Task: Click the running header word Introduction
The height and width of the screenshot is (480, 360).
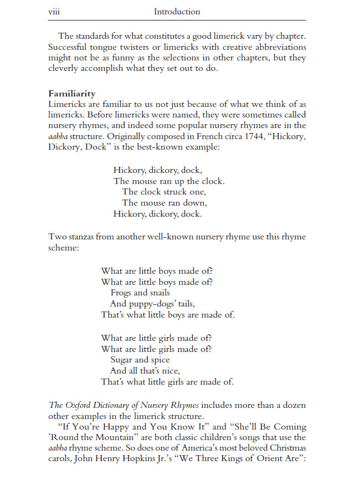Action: (x=177, y=12)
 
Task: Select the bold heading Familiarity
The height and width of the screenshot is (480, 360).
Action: (x=71, y=94)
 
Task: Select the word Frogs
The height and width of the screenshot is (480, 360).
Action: (x=121, y=293)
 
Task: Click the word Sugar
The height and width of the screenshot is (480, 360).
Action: (x=122, y=360)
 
